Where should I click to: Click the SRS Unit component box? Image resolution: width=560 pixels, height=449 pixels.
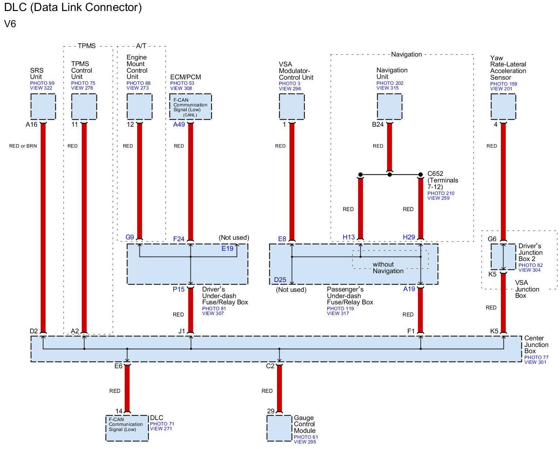coord(43,106)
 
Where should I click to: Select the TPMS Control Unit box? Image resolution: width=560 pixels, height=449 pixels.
coord(84,106)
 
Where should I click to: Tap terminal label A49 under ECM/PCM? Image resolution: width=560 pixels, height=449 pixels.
coord(179,124)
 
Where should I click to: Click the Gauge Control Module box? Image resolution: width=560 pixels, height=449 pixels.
coord(279,428)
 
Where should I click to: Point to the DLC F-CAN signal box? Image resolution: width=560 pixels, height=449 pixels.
coord(127,428)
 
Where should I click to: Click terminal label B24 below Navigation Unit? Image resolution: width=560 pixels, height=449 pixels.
coord(378,124)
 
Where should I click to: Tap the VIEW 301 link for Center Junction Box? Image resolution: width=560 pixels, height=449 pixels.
coord(535,362)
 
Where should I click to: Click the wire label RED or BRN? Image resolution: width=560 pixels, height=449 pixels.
coord(23,146)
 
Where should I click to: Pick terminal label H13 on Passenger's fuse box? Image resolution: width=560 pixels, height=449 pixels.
coord(349,237)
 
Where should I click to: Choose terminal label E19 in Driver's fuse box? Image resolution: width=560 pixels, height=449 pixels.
coord(228,249)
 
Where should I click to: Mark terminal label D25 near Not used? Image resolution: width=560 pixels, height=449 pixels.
coord(280,280)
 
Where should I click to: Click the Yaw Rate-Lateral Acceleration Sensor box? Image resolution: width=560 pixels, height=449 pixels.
coord(503,106)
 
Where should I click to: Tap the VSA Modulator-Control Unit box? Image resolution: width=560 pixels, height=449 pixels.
coord(292,106)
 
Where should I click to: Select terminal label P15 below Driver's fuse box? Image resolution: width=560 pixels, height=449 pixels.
coord(179,289)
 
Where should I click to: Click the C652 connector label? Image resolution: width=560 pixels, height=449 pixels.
coord(435,174)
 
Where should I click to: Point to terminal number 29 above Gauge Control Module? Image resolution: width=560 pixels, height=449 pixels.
coord(271,411)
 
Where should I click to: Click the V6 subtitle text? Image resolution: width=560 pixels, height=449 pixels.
coord(10,24)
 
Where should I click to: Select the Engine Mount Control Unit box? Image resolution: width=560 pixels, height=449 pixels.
coord(139,106)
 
